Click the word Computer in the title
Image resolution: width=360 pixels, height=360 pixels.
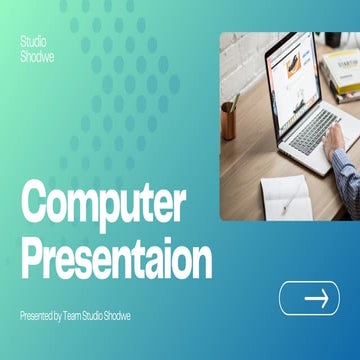(x=104, y=205)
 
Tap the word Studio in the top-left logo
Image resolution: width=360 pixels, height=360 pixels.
(x=32, y=42)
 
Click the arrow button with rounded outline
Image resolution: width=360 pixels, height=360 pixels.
(x=309, y=298)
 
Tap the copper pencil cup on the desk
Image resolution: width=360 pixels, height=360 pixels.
(x=229, y=121)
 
